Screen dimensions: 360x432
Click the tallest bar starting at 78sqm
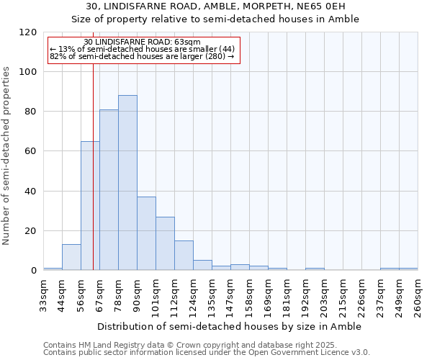(127, 183)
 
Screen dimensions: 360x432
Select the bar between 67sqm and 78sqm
(109, 190)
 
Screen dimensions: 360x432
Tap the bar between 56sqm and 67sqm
(90, 206)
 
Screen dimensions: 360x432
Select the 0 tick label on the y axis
(33, 271)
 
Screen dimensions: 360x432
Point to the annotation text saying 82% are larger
(142, 55)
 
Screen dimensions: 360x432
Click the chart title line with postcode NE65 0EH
(216, 6)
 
